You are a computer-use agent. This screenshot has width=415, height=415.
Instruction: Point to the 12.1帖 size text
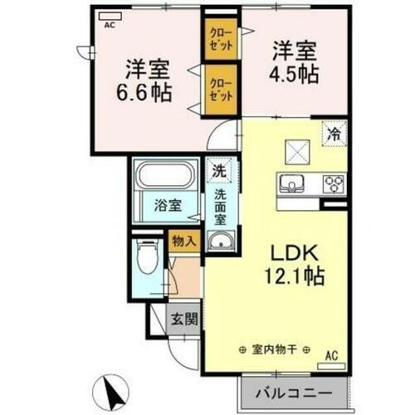[x=292, y=274]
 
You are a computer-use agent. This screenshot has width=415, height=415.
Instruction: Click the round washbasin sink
[x=221, y=242]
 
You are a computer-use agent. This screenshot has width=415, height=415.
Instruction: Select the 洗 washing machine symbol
[x=218, y=171]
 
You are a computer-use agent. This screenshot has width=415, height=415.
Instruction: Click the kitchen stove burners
[x=334, y=183]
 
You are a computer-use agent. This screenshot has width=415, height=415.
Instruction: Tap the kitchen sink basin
[x=294, y=183]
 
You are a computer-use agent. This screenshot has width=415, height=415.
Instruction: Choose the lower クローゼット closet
[x=219, y=89]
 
